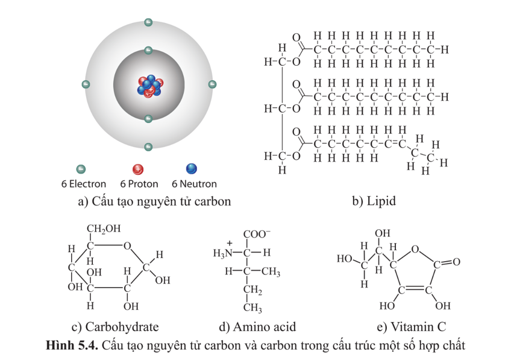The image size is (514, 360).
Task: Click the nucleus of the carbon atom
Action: pyautogui.click(x=148, y=86)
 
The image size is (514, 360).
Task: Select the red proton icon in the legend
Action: pyautogui.click(x=138, y=169)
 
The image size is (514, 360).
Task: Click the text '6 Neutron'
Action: pyautogui.click(x=194, y=184)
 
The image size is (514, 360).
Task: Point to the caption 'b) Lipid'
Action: pyautogui.click(x=374, y=201)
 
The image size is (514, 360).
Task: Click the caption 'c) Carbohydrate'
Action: pyautogui.click(x=115, y=327)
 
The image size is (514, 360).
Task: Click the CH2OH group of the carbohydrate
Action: pyautogui.click(x=104, y=229)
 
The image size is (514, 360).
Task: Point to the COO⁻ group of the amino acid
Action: pyautogui.click(x=257, y=235)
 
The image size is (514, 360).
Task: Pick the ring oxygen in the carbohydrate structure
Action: pyautogui.click(x=127, y=245)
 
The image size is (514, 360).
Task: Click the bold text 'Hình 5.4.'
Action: pyautogui.click(x=72, y=346)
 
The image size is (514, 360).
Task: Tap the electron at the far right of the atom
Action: pyautogui.click(x=212, y=85)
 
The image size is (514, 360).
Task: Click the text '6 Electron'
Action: pyautogui.click(x=83, y=184)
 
